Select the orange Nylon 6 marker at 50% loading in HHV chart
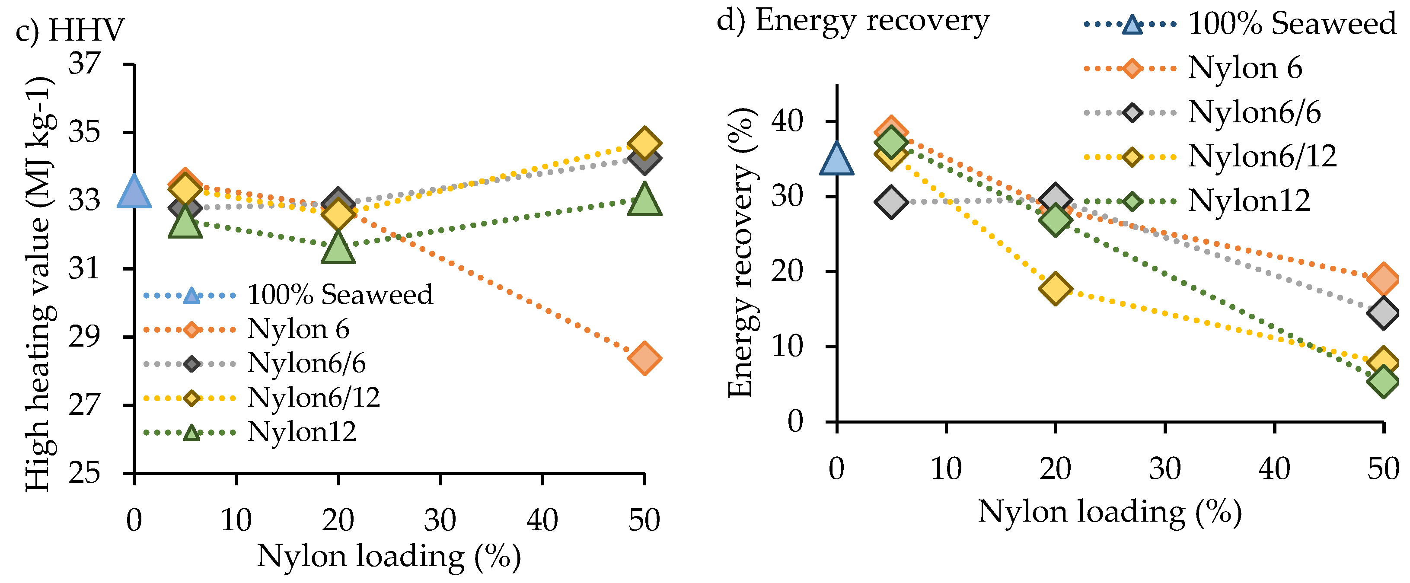tap(644, 359)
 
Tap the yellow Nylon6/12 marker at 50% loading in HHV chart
tap(644, 143)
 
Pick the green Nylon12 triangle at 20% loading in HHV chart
tap(338, 248)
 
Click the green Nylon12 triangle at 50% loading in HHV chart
tap(644, 201)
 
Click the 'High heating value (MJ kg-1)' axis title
tap(39, 285)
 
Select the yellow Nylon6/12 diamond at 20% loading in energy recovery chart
tap(1055, 289)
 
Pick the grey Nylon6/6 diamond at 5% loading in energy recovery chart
tap(891, 201)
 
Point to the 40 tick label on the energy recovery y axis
tap(787, 121)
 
